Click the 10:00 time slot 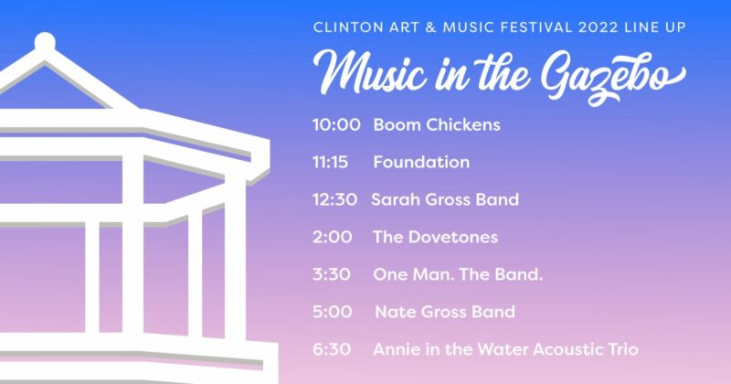tap(336, 124)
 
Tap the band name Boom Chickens tap(437, 124)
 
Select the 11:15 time tap(330, 162)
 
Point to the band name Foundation tap(421, 162)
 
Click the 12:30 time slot tap(334, 199)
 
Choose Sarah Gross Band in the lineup tap(445, 199)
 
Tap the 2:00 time tap(332, 237)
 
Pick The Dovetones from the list tap(436, 237)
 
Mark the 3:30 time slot tap(332, 274)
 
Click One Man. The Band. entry tap(458, 274)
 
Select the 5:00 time tap(333, 312)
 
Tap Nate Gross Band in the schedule tap(445, 312)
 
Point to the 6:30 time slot tap(332, 349)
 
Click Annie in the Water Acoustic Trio tap(506, 349)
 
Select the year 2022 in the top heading tap(599, 27)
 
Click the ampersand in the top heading tap(430, 27)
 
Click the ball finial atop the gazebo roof tap(45, 42)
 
